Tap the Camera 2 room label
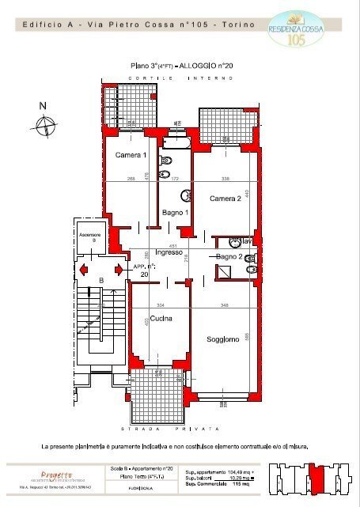click(x=225, y=199)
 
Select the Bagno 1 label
click(x=175, y=213)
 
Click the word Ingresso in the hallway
click(x=169, y=252)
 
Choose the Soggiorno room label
click(x=223, y=339)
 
